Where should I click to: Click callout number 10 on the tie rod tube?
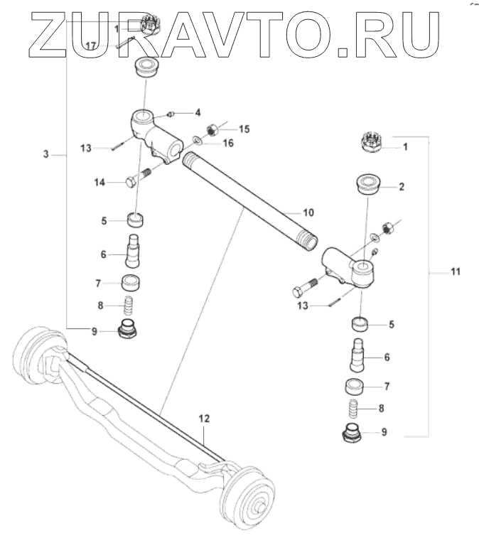click(308, 212)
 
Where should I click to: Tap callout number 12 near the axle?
click(204, 419)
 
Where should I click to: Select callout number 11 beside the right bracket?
click(456, 271)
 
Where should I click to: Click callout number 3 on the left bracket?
click(46, 154)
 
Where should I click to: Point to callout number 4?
click(198, 112)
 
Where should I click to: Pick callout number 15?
click(244, 129)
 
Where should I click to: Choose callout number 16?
click(228, 143)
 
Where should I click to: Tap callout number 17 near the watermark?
click(91, 45)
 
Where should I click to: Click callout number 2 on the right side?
click(401, 188)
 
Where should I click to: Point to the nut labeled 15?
click(211, 130)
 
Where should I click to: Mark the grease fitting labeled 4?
click(171, 114)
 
